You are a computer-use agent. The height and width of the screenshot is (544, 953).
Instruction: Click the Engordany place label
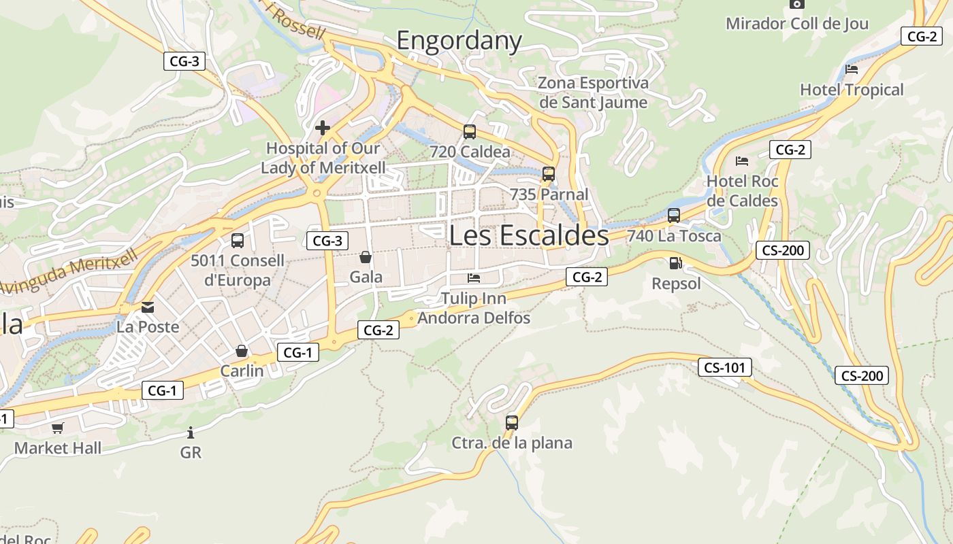(x=459, y=41)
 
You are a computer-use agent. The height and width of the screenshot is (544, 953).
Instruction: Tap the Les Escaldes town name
(x=529, y=235)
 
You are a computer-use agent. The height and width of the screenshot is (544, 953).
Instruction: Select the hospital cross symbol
(x=323, y=127)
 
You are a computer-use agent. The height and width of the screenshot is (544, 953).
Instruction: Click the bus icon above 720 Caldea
(x=470, y=132)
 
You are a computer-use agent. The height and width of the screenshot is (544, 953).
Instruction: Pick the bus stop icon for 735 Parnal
(x=549, y=174)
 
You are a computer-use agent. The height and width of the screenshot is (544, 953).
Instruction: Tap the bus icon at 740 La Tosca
(x=674, y=216)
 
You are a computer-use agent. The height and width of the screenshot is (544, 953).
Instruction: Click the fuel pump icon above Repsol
(x=675, y=263)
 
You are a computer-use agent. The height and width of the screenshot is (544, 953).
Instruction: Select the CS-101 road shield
(x=725, y=368)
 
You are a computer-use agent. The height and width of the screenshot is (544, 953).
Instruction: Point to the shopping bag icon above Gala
(x=366, y=257)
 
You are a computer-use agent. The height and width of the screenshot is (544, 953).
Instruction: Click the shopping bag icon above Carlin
(x=241, y=351)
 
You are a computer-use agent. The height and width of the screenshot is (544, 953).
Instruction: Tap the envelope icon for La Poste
(x=148, y=307)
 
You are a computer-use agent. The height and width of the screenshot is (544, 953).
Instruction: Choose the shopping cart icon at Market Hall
(x=58, y=428)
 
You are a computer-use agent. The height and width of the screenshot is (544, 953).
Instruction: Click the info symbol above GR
(x=191, y=432)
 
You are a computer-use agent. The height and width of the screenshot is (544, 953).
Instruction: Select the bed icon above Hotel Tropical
(x=851, y=69)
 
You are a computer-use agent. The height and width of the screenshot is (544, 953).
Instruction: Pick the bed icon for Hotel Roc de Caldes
(x=742, y=161)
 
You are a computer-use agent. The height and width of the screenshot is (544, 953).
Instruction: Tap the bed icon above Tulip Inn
(x=474, y=278)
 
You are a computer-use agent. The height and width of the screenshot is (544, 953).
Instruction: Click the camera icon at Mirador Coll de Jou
(x=797, y=4)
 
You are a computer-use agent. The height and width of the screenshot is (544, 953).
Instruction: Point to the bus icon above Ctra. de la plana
(x=512, y=423)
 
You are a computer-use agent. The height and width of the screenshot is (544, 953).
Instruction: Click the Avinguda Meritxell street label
(x=68, y=272)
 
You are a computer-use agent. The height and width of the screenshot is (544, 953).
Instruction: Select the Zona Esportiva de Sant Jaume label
(x=593, y=92)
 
